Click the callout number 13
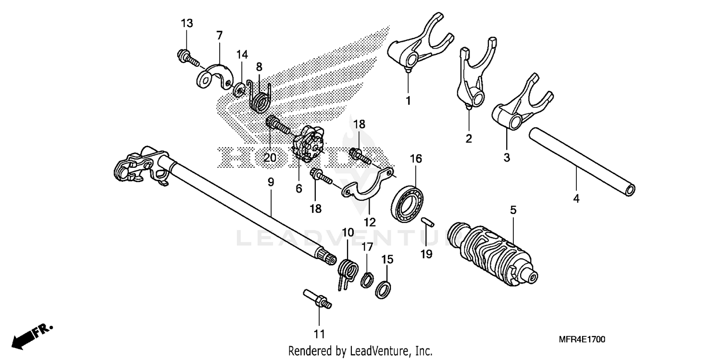[186, 24]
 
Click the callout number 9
[271, 182]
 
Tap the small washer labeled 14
[238, 89]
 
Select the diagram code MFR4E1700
[582, 339]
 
